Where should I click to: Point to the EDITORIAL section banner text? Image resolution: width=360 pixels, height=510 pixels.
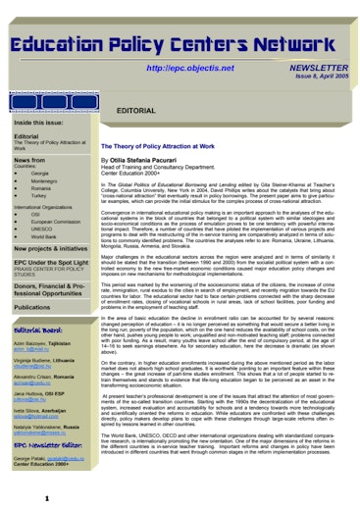click(x=136, y=111)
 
